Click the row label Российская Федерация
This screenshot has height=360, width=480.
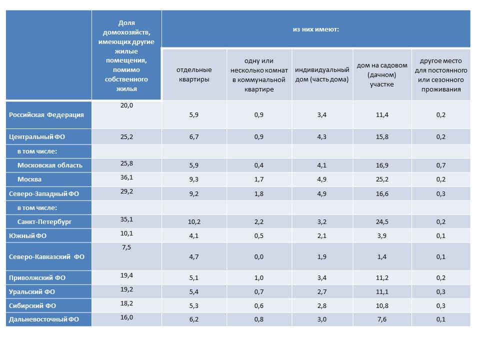point(46,115)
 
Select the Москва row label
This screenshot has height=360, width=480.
point(29,179)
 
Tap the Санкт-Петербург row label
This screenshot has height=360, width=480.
point(44,221)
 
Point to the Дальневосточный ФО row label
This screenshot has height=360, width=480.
point(44,319)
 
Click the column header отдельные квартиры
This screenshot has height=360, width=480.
point(194,74)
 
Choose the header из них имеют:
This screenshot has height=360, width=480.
point(316,29)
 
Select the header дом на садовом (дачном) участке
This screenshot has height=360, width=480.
point(382,74)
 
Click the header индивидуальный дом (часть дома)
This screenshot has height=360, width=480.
point(321,74)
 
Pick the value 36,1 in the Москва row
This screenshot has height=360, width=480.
point(126,177)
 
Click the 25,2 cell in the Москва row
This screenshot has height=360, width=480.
point(382,179)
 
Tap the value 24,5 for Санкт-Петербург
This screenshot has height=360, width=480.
point(382,221)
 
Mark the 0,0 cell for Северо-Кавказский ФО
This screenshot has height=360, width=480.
point(258,257)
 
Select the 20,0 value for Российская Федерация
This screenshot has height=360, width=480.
point(126,105)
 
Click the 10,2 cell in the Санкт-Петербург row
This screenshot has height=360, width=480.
point(194,221)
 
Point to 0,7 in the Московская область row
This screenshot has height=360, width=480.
point(441,165)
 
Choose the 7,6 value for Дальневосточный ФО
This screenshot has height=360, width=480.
point(382,319)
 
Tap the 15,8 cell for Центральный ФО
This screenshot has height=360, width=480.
point(382,137)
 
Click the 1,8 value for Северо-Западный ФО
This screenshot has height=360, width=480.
point(258,194)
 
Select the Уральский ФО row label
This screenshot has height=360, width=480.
point(32,291)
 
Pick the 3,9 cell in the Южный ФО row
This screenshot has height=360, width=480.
point(382,235)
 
